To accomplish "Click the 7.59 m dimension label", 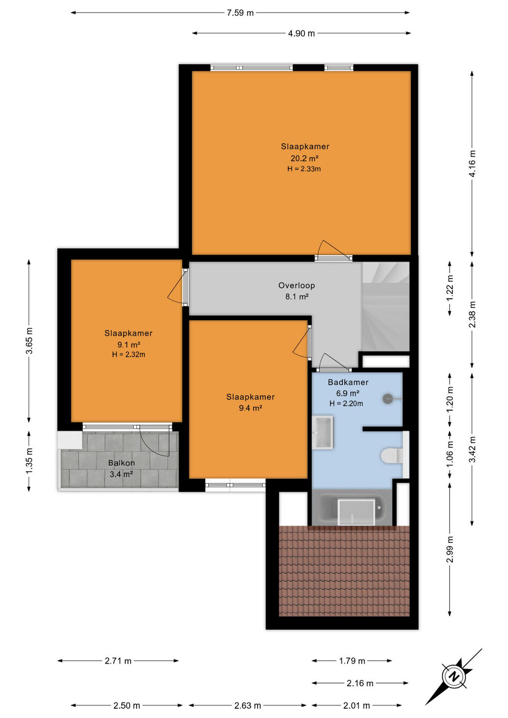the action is (240, 13).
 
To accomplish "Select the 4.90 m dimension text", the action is (301, 33).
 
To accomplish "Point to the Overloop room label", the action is (296, 285).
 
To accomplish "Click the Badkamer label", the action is (348, 382).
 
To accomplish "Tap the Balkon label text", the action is (121, 463).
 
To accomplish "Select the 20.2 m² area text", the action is (304, 158).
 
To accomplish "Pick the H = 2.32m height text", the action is (129, 355).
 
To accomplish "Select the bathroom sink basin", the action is (323, 432).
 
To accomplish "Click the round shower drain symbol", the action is (387, 398).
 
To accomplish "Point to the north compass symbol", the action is (454, 677).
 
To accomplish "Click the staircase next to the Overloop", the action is (386, 307).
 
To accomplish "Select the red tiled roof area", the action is (344, 571).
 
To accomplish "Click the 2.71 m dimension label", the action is (118, 661).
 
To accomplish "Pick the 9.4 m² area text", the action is (251, 408).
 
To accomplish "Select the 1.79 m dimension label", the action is (352, 661).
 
